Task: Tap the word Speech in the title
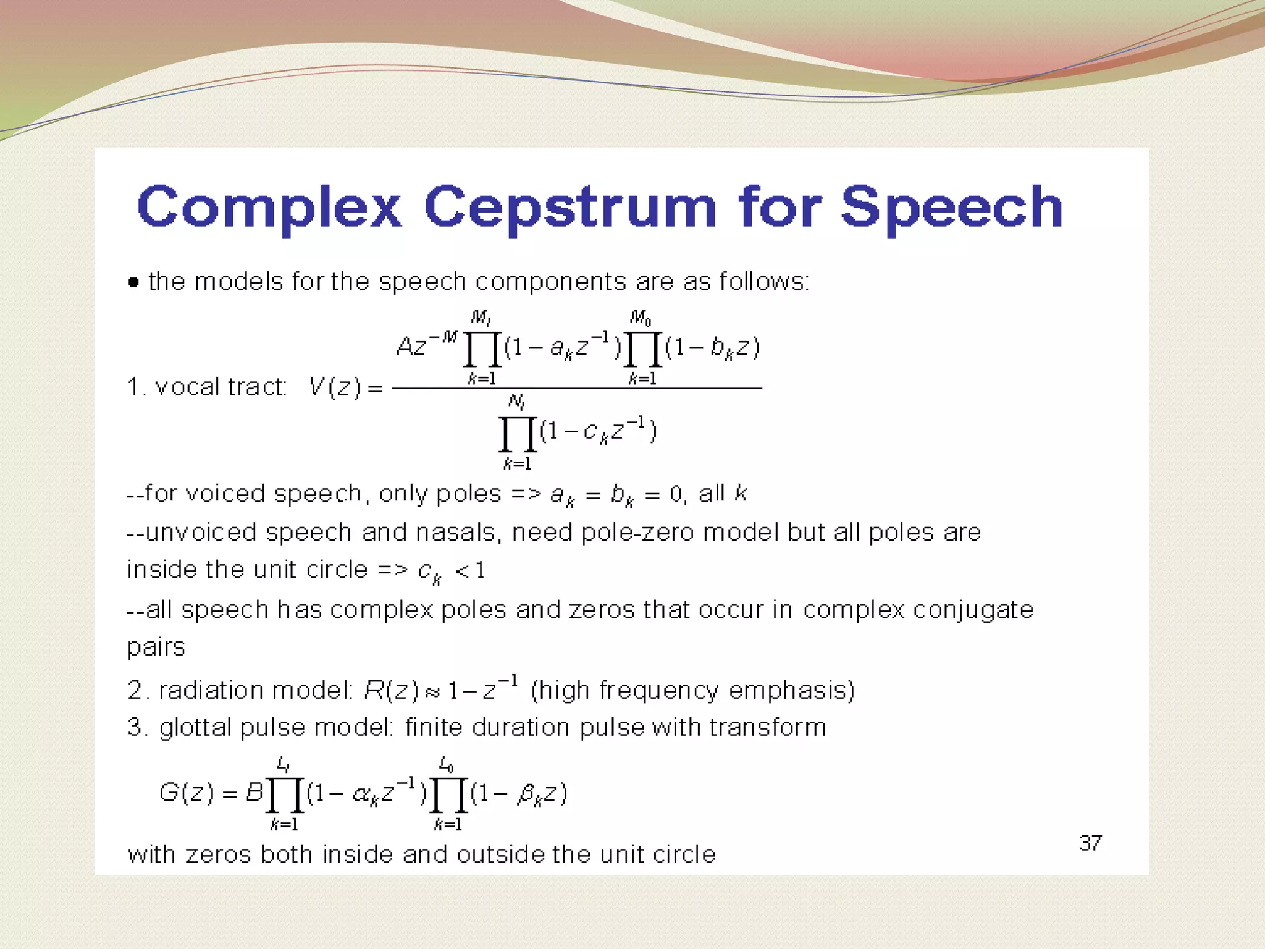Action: pyautogui.click(x=951, y=208)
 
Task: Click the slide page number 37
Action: pyautogui.click(x=1090, y=843)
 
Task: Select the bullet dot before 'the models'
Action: pyautogui.click(x=133, y=283)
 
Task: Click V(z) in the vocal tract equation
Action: pyautogui.click(x=335, y=387)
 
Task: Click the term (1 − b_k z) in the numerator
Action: pyautogui.click(x=712, y=348)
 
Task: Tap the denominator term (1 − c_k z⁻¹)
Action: pyautogui.click(x=598, y=431)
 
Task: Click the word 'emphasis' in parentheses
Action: pyautogui.click(x=791, y=690)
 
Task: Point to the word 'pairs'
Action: pyautogui.click(x=156, y=647)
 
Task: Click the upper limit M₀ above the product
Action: pyautogui.click(x=640, y=318)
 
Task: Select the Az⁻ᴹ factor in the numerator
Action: pyautogui.click(x=426, y=345)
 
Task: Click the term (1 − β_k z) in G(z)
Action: pyautogui.click(x=519, y=793)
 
